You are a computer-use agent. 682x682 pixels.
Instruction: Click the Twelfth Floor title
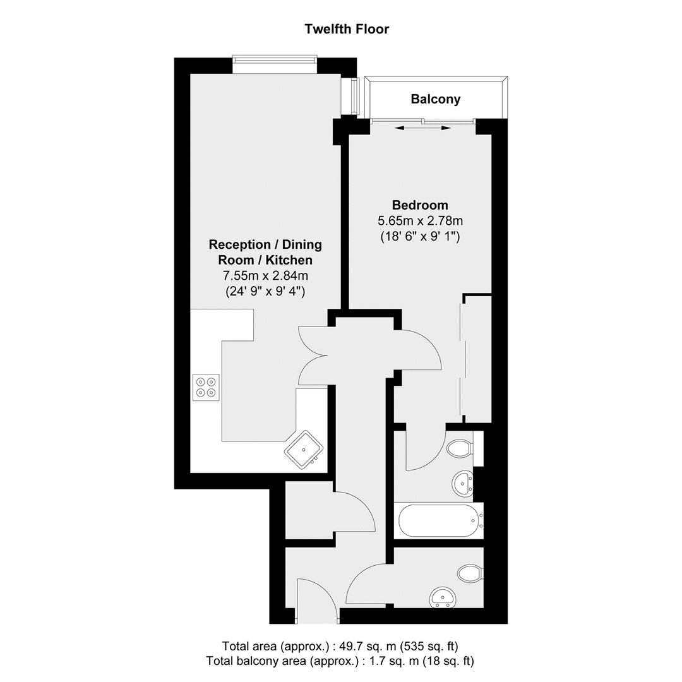(x=347, y=29)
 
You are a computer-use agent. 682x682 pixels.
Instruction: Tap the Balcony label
(x=435, y=99)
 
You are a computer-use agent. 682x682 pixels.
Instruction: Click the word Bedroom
(x=420, y=205)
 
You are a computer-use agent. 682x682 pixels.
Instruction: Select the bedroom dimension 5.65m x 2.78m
(x=420, y=221)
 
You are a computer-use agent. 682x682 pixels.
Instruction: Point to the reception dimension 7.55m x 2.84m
(x=265, y=276)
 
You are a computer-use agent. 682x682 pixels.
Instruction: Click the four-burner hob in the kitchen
(x=206, y=387)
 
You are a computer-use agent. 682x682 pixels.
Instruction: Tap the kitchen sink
(x=304, y=450)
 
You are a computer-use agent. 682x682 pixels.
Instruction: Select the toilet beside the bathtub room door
(x=460, y=448)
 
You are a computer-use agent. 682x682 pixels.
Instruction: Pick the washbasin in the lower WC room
(x=442, y=597)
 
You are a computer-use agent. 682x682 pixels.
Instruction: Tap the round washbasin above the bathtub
(x=463, y=483)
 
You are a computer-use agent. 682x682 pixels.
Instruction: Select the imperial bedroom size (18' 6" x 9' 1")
(x=420, y=237)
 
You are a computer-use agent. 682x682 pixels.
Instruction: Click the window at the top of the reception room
(x=275, y=64)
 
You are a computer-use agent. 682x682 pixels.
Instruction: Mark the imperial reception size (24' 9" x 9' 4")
(x=265, y=291)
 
